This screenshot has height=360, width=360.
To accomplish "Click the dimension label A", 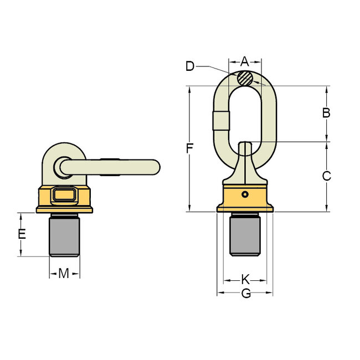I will point(245,61).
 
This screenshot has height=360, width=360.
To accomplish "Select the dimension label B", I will point(326,113).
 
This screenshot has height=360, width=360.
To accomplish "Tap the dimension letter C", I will point(326,176).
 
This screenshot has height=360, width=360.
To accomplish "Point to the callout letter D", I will point(190,66).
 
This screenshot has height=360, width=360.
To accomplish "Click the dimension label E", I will point(22,234).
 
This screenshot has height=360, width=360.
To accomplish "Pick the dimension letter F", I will point(190,148).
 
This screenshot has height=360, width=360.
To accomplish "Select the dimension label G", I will point(246,294).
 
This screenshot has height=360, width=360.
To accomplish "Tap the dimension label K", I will point(245,280).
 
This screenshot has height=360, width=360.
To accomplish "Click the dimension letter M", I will point(64,273).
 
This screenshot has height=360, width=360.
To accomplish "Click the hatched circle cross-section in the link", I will point(245,79).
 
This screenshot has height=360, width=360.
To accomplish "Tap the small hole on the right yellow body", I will point(245,194).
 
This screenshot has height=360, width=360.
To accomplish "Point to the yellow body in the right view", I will point(245,199).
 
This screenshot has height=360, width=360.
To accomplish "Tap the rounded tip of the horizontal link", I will point(156,166).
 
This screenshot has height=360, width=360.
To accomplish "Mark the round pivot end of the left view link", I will point(60,166).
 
